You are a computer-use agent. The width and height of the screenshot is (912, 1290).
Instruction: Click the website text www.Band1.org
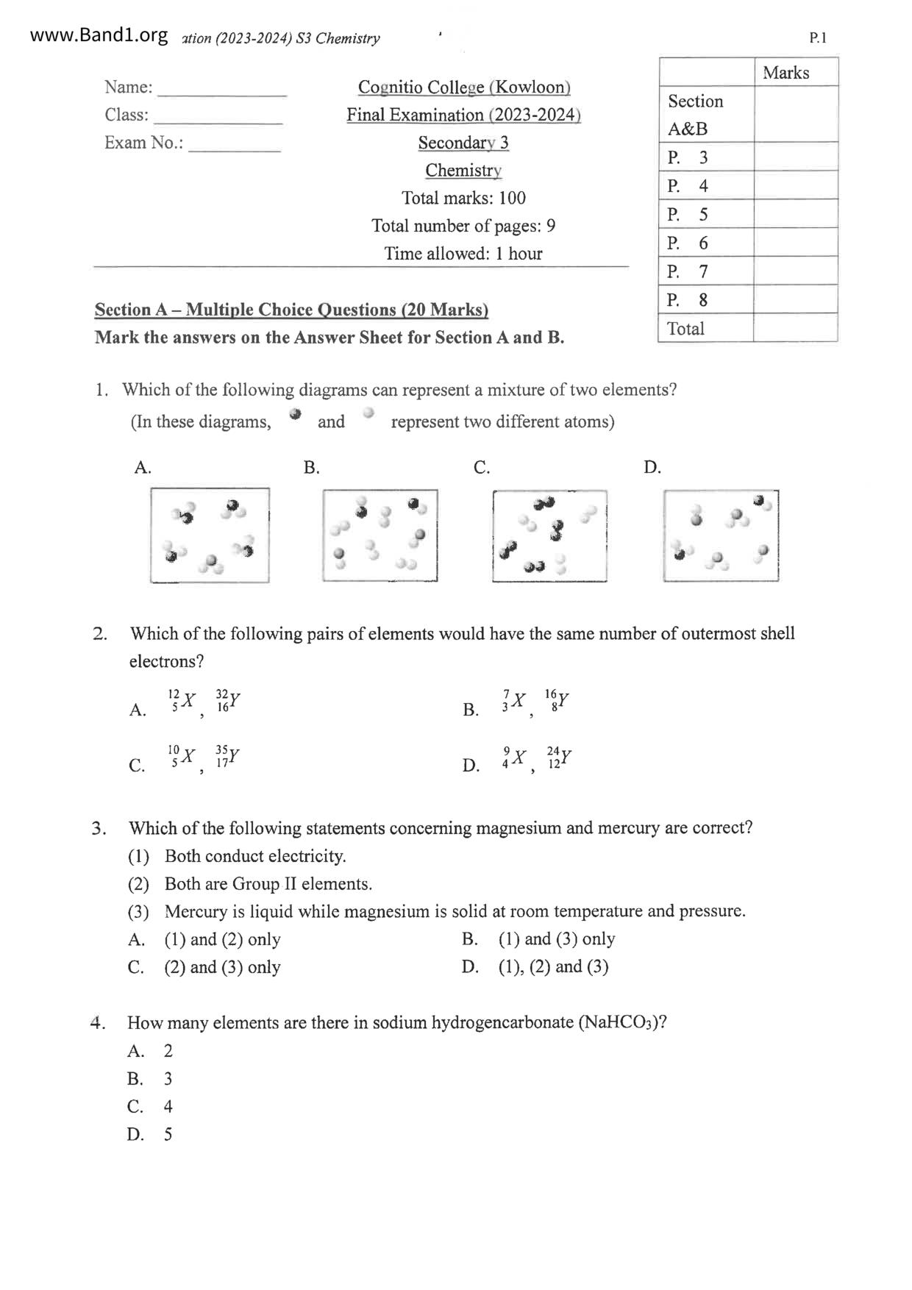99,35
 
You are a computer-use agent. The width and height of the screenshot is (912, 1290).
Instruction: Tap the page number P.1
818,38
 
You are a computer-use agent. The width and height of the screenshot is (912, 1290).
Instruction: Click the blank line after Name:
222,93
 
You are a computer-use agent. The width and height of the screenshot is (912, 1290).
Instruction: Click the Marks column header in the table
785,73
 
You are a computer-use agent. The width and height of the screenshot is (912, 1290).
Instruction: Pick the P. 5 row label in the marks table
688,215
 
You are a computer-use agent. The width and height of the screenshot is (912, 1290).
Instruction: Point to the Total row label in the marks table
685,329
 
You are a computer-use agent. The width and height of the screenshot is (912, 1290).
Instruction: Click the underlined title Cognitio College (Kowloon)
464,88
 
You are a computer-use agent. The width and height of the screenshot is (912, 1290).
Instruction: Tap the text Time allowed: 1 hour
463,254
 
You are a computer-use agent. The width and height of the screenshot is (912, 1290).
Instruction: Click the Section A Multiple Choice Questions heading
291,310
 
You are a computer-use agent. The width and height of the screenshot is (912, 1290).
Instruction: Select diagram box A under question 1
210,535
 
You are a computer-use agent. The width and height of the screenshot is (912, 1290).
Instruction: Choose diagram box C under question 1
549,536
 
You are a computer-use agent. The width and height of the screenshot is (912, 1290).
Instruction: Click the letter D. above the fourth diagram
652,468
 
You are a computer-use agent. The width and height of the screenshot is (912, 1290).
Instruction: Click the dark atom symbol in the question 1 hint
296,414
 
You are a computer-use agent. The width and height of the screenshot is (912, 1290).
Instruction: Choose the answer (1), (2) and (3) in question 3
553,967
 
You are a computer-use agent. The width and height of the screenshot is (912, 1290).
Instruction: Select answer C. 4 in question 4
150,1107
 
